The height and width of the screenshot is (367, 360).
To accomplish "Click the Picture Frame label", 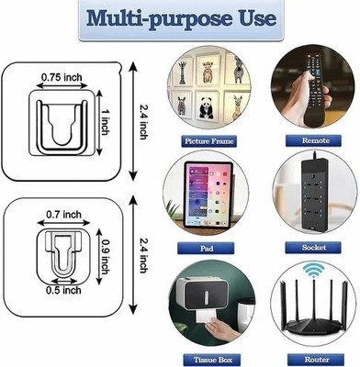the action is tap(208, 141).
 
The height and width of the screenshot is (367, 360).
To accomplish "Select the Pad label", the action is tap(207, 248).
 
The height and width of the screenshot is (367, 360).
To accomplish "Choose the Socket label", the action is tap(314, 248).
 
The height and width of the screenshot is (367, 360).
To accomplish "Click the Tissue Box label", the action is tap(212, 360).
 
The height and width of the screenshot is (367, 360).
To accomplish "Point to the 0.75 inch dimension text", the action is tap(62, 77).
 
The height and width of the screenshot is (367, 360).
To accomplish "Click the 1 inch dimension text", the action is tap(105, 122).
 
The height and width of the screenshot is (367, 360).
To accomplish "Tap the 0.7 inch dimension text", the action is tap(63, 215).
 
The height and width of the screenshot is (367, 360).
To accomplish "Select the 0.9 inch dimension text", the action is tap(106, 257).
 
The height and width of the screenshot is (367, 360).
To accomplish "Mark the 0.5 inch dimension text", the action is tap(63, 290).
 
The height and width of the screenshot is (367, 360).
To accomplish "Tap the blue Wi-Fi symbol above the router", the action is tap(314, 270).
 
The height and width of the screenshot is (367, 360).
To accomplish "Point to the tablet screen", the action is tap(208, 195).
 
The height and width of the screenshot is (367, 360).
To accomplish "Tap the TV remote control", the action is tap(315, 90).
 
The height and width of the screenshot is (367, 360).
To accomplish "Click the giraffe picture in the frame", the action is tap(182, 72).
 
